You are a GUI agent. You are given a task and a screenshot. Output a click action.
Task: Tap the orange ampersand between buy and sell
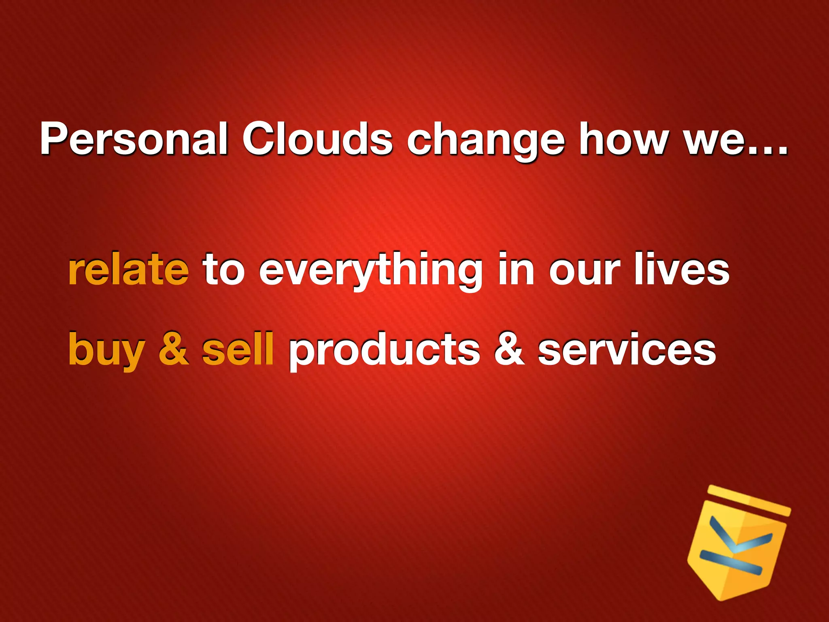(174, 349)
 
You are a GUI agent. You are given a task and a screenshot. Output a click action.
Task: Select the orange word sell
(238, 348)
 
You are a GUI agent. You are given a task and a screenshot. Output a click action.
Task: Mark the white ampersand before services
(510, 349)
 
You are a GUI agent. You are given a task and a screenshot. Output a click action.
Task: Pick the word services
(627, 349)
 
